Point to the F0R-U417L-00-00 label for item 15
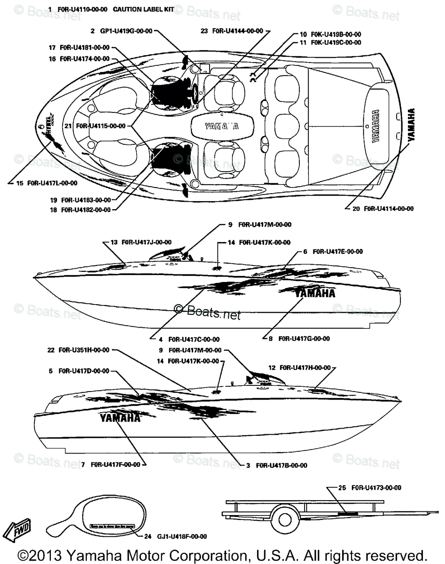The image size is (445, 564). pyautogui.click(x=52, y=183)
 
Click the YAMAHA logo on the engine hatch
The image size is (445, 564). pyautogui.click(x=221, y=126)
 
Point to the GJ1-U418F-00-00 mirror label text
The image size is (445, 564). pyautogui.click(x=182, y=536)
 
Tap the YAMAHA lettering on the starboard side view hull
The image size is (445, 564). pyautogui.click(x=315, y=293)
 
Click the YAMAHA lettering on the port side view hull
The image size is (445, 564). pyautogui.click(x=120, y=418)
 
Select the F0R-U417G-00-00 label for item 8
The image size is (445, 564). pyautogui.click(x=304, y=338)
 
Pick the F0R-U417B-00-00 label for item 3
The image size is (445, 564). pyautogui.click(x=281, y=465)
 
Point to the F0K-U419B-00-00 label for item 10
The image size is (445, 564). pyautogui.click(x=336, y=34)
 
